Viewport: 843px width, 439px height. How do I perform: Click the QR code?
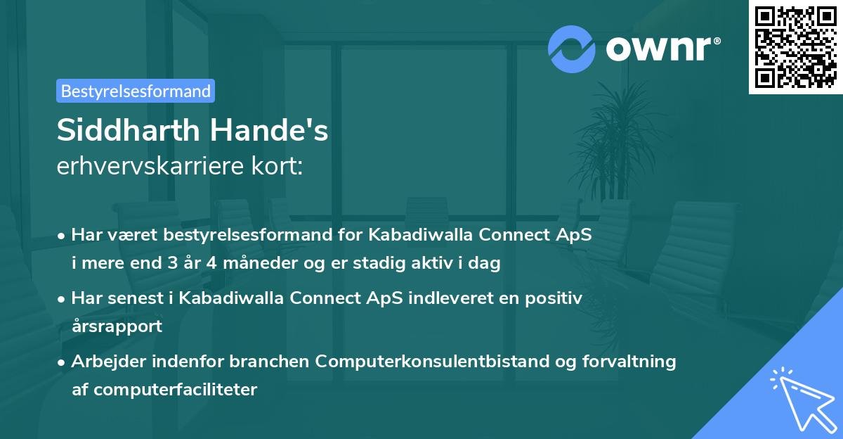(795, 47)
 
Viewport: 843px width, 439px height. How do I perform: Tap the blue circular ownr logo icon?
(572, 48)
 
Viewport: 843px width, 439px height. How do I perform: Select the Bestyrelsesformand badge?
(136, 91)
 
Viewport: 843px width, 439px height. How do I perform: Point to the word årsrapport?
(117, 325)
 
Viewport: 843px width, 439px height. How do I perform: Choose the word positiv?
(556, 298)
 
